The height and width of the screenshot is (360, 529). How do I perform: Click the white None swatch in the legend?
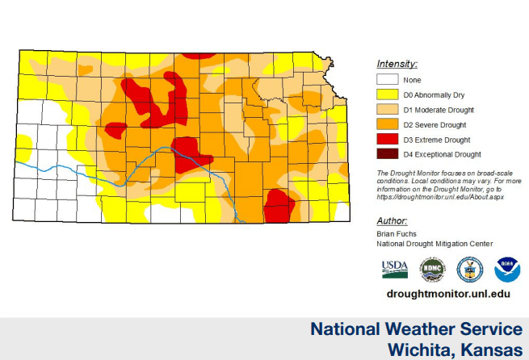(x=387, y=79)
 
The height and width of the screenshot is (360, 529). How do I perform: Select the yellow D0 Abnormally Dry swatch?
(x=387, y=94)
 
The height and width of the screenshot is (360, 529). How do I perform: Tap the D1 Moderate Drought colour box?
(x=387, y=109)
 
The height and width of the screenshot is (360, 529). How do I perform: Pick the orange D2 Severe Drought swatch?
(x=387, y=124)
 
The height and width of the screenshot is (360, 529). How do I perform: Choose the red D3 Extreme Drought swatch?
(x=387, y=139)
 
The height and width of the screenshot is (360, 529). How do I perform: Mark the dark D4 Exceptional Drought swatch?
(x=387, y=154)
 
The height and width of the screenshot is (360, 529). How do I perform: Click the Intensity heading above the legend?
(x=397, y=63)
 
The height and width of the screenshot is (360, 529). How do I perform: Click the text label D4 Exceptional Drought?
(x=442, y=154)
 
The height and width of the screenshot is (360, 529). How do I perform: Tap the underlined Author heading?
(x=393, y=221)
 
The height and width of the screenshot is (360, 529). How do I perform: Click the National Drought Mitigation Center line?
(x=435, y=244)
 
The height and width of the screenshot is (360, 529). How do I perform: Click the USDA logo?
(x=395, y=270)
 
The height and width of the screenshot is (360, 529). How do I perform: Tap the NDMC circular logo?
(x=432, y=270)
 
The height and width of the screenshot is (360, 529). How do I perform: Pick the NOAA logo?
(x=507, y=270)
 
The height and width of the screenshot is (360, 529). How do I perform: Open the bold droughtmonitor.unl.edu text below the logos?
(x=448, y=295)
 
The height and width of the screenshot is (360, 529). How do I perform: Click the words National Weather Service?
(x=416, y=329)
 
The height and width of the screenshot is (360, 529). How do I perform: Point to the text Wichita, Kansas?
(x=455, y=349)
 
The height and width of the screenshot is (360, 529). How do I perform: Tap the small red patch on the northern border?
(x=199, y=55)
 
